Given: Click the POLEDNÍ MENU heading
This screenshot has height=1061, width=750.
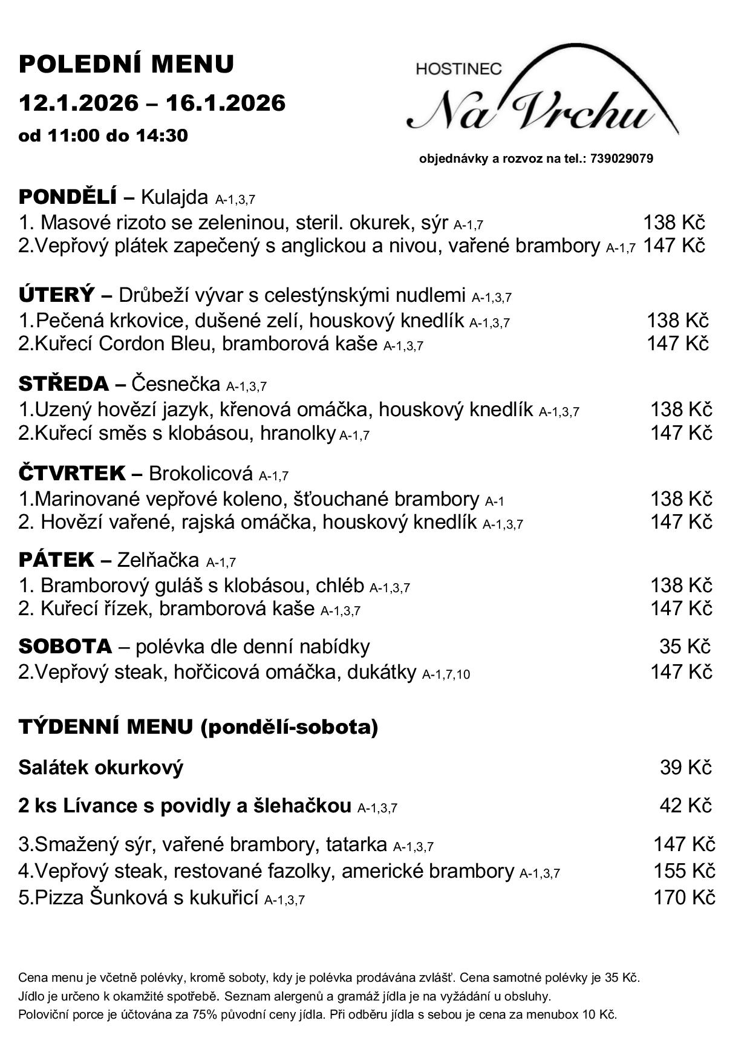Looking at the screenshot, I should point(126,64).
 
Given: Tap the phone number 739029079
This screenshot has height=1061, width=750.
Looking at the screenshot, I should point(621,159).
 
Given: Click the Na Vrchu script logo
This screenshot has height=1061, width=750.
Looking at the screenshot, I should point(532,112).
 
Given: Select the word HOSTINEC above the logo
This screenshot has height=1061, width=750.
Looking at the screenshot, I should point(459,69).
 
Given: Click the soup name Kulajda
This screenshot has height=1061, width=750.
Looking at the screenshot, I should point(175,197).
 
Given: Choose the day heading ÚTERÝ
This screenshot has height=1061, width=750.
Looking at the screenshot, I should point(57,295).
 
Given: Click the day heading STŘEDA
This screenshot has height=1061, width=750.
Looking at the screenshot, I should point(64,384).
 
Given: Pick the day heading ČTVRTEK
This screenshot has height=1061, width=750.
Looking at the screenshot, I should point(72,473).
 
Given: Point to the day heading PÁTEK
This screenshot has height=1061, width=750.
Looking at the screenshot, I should point(56,560).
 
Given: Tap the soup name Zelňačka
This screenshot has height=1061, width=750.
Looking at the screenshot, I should point(158,561).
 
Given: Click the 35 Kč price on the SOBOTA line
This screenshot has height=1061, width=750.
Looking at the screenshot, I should point(685,647).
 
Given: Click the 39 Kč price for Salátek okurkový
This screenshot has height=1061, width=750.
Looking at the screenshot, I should point(685,768).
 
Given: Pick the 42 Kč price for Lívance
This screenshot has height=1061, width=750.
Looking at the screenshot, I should point(685,806).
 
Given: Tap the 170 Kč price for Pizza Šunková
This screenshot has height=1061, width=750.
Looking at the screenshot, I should point(683,897).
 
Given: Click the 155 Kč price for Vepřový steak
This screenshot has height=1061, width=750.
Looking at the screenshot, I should point(683,871).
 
